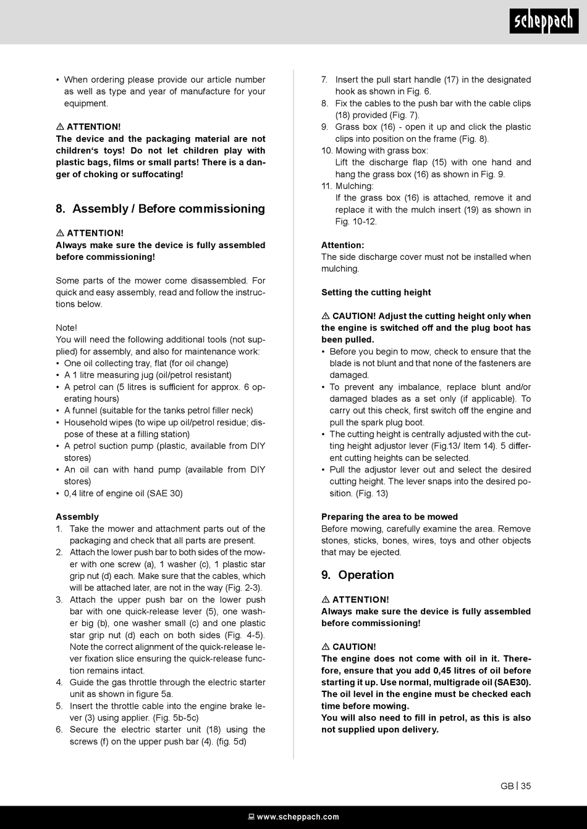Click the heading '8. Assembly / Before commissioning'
[160, 209]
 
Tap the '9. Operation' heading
[357, 575]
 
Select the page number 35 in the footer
[526, 786]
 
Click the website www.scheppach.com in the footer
[297, 817]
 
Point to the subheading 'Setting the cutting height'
[376, 292]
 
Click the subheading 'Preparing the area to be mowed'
[389, 517]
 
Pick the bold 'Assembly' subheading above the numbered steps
[77, 517]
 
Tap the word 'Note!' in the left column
[66, 328]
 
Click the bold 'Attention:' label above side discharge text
[342, 245]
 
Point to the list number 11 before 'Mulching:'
[326, 186]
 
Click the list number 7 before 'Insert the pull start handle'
[324, 80]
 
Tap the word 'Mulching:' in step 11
[354, 186]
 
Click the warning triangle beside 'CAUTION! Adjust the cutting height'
[326, 316]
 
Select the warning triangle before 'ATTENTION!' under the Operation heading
[326, 599]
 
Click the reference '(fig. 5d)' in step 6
[231, 741]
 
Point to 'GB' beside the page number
[507, 786]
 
